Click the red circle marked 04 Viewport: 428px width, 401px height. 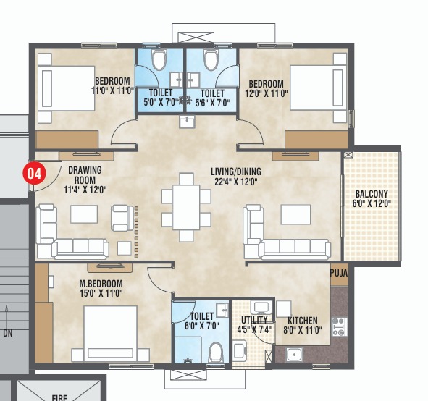pos(33,174)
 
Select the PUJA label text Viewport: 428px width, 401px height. pos(340,273)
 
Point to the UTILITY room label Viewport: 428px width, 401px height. pos(253,320)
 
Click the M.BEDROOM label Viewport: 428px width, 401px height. pos(101,283)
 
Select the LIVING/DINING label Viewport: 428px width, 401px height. pos(235,172)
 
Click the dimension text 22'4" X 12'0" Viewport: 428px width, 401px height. pos(235,182)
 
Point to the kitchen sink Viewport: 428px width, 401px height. pos(294,354)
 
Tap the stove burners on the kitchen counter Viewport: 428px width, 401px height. pos(337,330)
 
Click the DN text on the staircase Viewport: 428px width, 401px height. pos(8,334)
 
